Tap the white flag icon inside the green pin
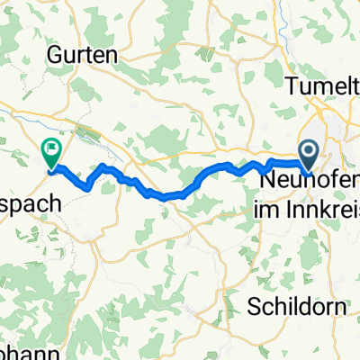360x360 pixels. click(x=52, y=148)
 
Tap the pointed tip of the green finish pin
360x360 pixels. click(x=52, y=169)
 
